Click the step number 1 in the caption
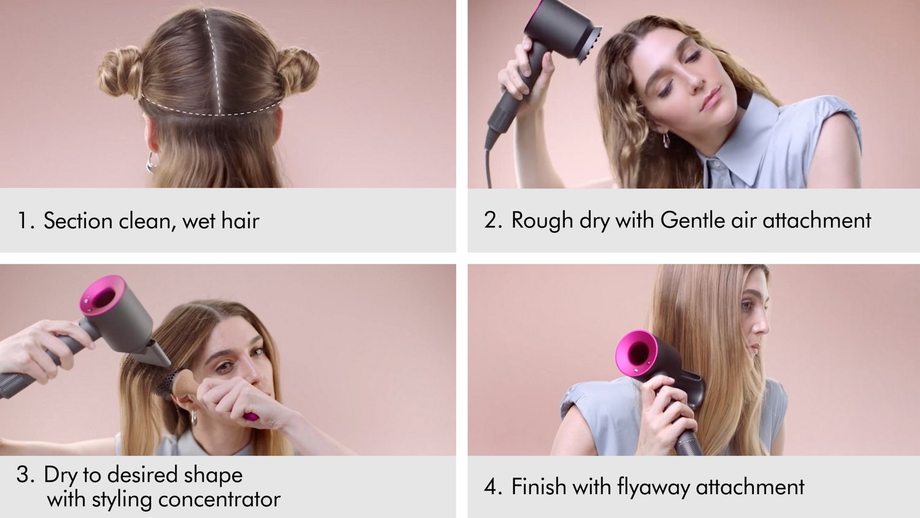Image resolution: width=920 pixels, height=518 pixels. [25, 221]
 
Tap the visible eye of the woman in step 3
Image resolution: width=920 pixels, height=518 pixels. [226, 368]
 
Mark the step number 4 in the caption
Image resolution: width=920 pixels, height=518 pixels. [492, 487]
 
